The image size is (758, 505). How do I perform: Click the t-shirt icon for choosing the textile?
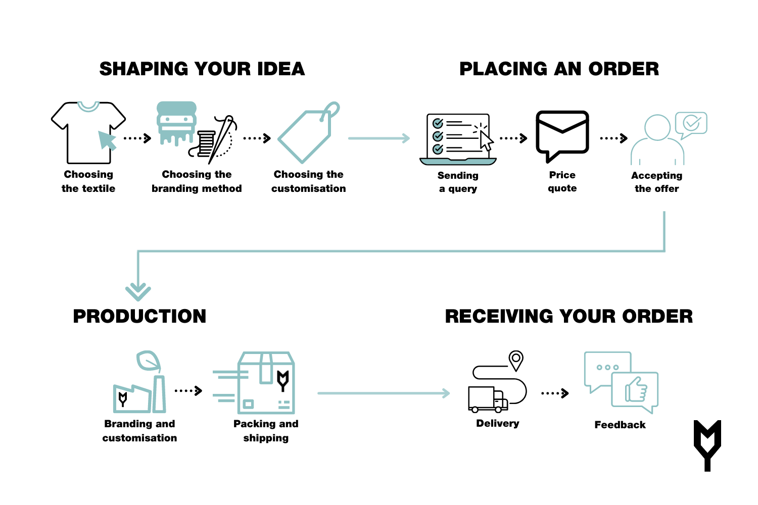(x=88, y=132)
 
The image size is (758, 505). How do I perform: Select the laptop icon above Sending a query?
(x=458, y=139)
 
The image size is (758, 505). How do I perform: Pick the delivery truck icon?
(x=487, y=399)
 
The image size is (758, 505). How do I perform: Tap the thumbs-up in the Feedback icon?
(x=636, y=390)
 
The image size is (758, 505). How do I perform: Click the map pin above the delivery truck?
(x=515, y=360)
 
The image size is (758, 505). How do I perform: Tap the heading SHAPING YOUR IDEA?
(x=202, y=69)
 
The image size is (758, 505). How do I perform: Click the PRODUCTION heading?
(x=139, y=317)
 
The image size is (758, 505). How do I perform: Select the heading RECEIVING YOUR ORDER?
(x=568, y=317)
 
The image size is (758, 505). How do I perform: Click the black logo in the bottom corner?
(x=707, y=444)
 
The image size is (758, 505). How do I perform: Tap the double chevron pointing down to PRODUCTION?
(x=138, y=291)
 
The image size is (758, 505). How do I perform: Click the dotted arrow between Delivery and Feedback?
(x=554, y=393)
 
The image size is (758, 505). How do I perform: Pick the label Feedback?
(x=620, y=425)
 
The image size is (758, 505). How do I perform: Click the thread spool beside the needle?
(x=206, y=143)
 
